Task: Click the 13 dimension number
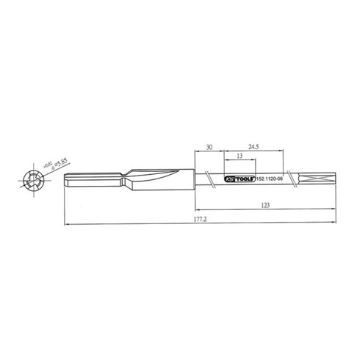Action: tap(240, 157)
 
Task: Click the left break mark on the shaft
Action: tap(211, 179)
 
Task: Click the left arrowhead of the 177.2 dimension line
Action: tap(67, 223)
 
